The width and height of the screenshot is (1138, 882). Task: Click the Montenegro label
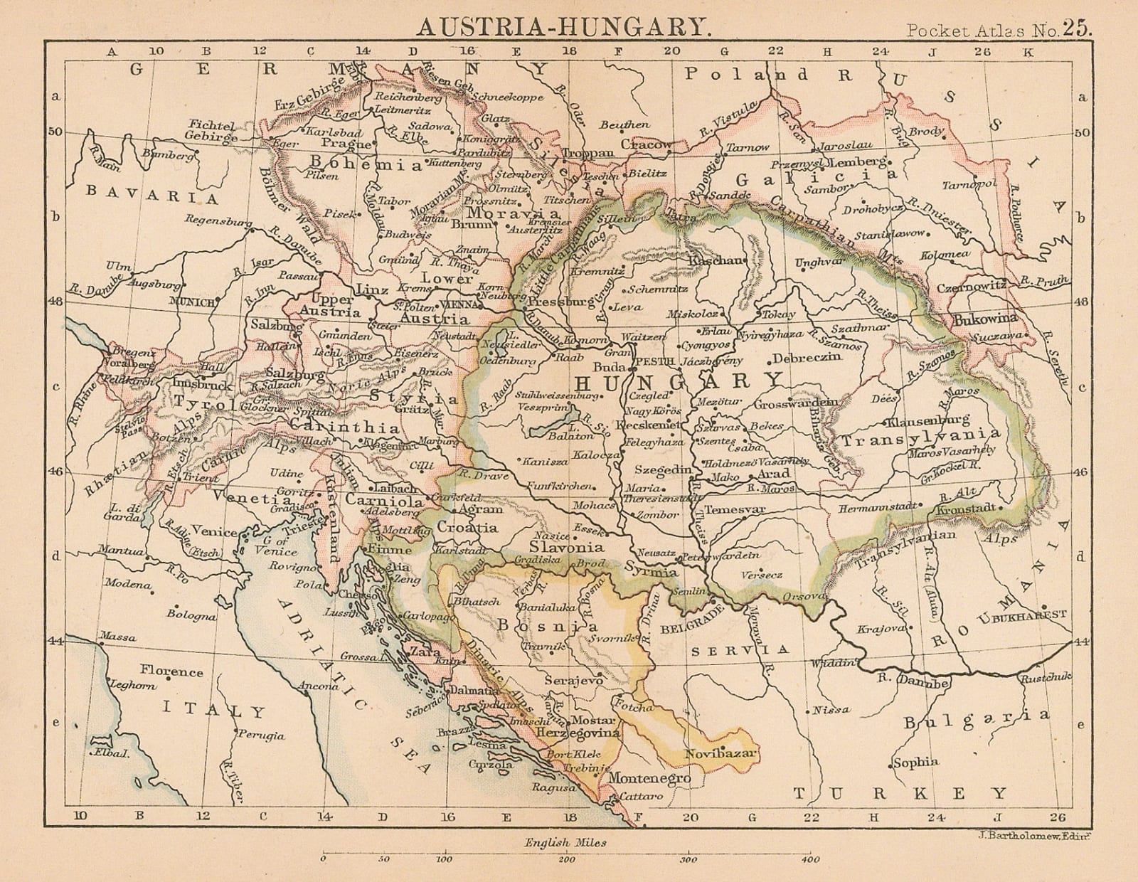pyautogui.click(x=650, y=779)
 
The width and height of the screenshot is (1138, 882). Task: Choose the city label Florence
pyautogui.click(x=171, y=671)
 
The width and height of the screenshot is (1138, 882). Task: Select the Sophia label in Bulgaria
pyautogui.click(x=917, y=762)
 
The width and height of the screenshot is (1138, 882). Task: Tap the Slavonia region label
pyautogui.click(x=567, y=547)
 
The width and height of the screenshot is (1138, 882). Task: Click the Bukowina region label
pyautogui.click(x=985, y=318)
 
